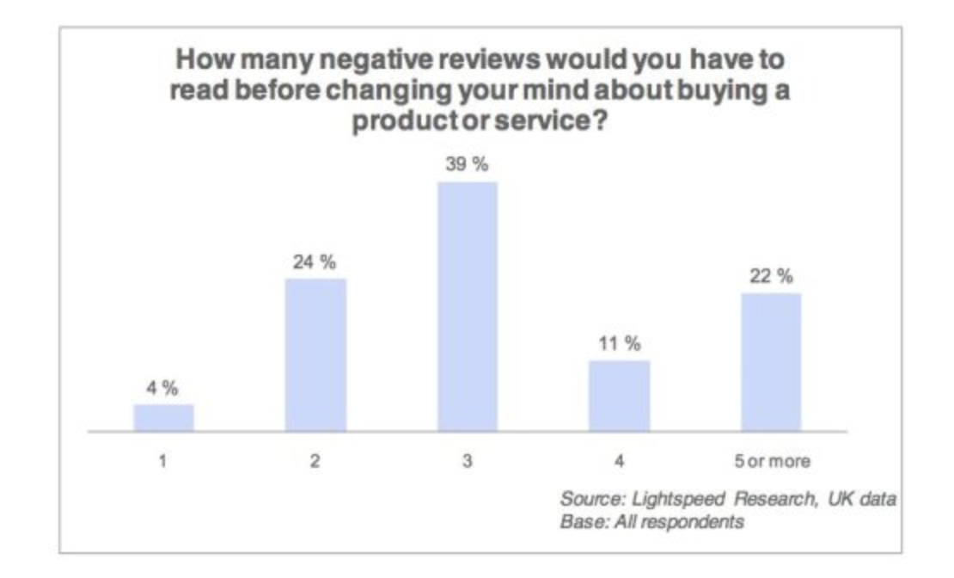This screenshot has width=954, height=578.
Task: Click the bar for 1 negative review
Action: pos(163,417)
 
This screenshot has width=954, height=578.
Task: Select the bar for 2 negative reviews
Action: pos(315,354)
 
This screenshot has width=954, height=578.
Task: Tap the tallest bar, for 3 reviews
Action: pos(468,305)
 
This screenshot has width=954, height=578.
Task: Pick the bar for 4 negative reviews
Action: pos(620,395)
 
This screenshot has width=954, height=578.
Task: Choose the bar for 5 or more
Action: pos(771,361)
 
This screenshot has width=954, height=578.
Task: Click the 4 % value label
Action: pos(163,388)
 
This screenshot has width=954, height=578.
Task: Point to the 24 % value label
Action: pos(315,262)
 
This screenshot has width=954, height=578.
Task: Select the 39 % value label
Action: pos(468,165)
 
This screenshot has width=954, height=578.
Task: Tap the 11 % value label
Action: pos(620,344)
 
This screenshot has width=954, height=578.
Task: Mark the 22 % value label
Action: pos(771,277)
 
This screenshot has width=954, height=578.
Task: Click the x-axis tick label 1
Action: pos(163,462)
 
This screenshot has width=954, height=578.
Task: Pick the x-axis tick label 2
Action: pos(315,462)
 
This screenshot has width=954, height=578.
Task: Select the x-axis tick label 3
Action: pos(468,462)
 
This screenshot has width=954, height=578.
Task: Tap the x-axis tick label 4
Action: pos(620,462)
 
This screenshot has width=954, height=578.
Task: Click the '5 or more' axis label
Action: pos(771,462)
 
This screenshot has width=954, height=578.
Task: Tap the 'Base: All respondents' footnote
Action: pos(651,521)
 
